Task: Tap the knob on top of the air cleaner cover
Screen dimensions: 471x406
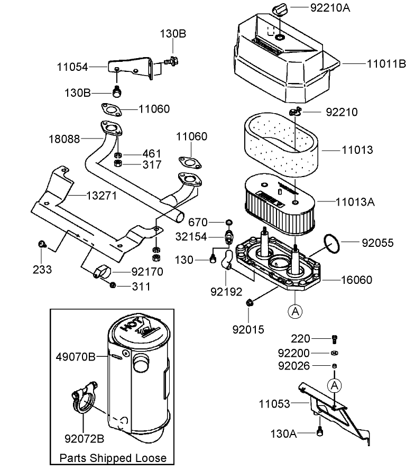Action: click(x=279, y=10)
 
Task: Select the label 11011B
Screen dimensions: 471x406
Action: click(x=386, y=64)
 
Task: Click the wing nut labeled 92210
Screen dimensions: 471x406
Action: click(x=295, y=111)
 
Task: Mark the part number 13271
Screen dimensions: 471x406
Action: click(x=103, y=196)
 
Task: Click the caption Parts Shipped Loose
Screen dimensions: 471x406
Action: click(x=113, y=458)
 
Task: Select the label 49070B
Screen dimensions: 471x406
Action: click(x=76, y=357)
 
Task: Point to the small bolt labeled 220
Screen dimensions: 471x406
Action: click(x=334, y=339)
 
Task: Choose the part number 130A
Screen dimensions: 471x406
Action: click(x=282, y=434)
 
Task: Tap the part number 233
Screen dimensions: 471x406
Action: click(x=42, y=270)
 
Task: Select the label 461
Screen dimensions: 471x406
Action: click(x=151, y=154)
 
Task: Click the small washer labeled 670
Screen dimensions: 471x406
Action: click(x=229, y=221)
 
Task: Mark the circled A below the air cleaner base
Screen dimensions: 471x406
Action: click(x=294, y=312)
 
